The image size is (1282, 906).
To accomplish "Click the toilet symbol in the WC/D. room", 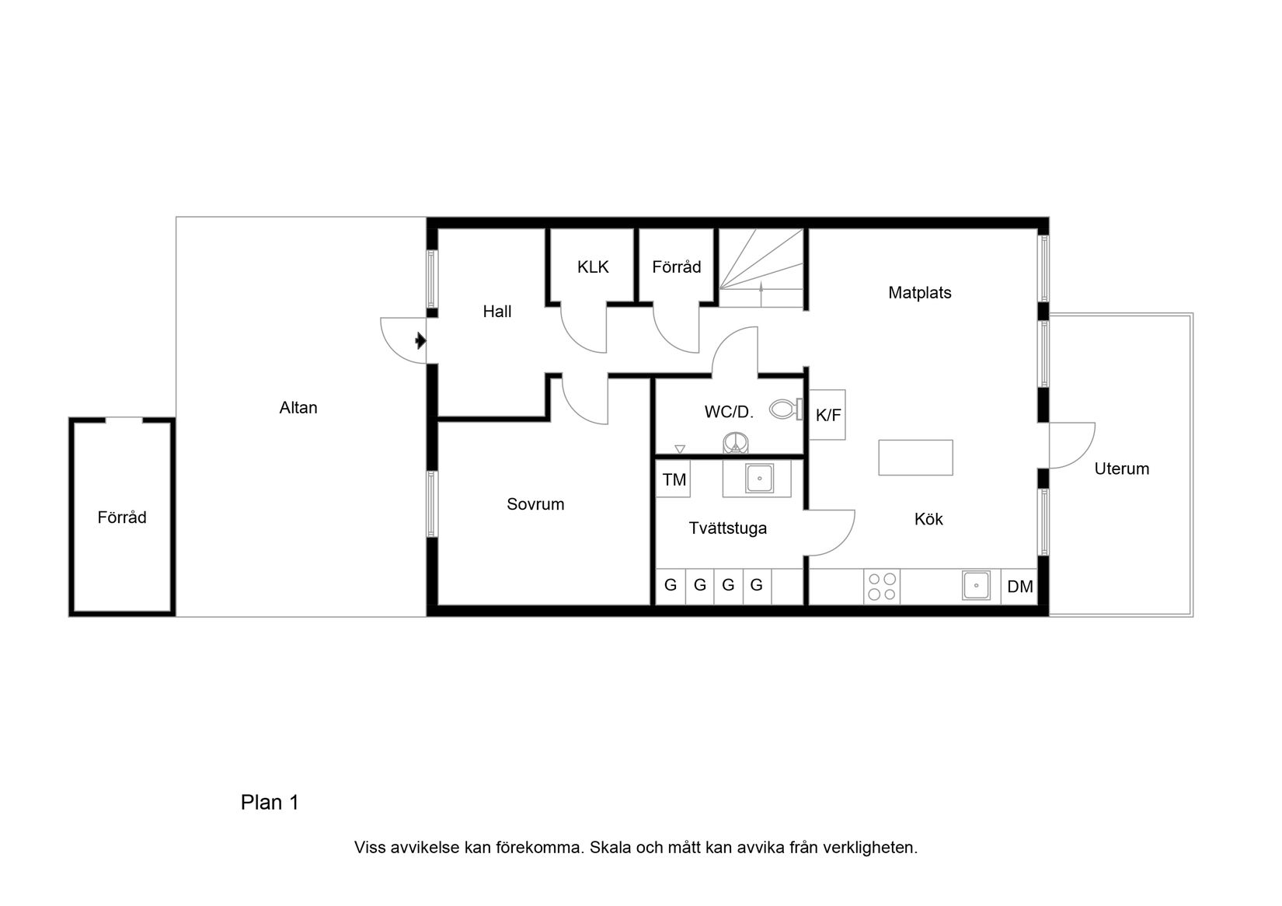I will (786, 409).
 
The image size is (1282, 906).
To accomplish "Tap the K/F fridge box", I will (827, 416).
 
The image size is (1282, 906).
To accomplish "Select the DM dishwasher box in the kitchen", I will (1019, 587).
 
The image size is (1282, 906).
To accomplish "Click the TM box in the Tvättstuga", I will (674, 479).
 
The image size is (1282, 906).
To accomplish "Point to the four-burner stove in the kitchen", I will (882, 587).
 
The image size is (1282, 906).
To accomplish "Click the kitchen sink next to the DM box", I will (976, 585).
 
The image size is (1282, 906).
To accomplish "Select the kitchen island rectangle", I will (915, 457).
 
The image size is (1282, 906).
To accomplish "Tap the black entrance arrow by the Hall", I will (420, 340).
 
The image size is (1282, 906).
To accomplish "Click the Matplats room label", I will (919, 293).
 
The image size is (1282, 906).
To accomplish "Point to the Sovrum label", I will (535, 504).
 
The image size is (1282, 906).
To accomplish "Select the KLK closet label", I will (593, 267).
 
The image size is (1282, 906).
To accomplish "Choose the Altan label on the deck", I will (298, 408).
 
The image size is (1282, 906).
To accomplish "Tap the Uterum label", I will (1121, 469).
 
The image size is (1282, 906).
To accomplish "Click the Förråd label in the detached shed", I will (122, 517).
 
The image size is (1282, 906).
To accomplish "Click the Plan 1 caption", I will (270, 803).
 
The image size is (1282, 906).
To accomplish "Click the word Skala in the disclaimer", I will (610, 848).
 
